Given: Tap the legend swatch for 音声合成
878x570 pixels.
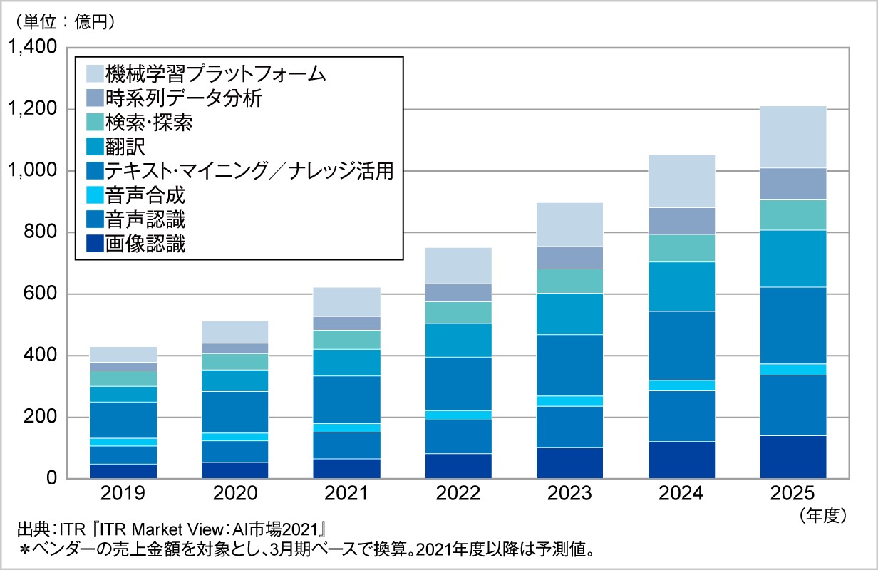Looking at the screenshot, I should (x=94, y=195).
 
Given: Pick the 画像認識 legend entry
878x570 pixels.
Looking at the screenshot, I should (x=145, y=244).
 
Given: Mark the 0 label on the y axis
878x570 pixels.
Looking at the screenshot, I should (x=51, y=479).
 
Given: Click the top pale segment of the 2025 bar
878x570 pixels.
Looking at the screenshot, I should (x=792, y=137).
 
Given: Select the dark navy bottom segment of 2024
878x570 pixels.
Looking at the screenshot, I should (x=681, y=460).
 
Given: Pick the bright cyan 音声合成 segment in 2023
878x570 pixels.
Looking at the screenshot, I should (x=569, y=400).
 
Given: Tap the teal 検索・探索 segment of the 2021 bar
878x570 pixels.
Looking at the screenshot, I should (x=346, y=340).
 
